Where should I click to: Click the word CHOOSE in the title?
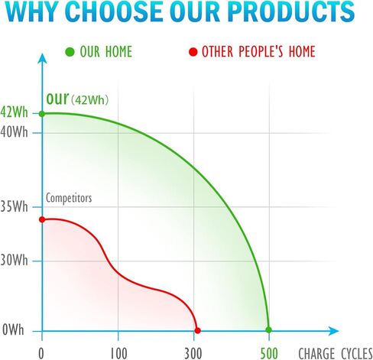(x=115, y=11)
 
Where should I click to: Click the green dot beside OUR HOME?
(x=70, y=52)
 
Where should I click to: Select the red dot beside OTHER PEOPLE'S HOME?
(x=193, y=52)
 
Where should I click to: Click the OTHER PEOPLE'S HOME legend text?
(x=258, y=51)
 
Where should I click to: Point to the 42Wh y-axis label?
(x=14, y=112)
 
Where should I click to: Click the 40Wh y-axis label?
(x=14, y=132)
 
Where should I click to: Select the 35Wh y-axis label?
(x=14, y=206)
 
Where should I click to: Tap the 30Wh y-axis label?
(x=14, y=261)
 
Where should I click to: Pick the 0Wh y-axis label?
(x=13, y=330)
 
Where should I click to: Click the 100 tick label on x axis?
(x=118, y=354)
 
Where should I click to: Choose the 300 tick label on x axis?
(x=193, y=354)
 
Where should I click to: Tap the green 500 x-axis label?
(x=269, y=354)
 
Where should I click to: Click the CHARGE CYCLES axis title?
(x=336, y=354)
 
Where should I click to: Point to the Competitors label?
(x=69, y=198)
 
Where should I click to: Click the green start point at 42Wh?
(x=42, y=114)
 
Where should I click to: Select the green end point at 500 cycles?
(x=268, y=330)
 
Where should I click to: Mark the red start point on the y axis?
(x=42, y=219)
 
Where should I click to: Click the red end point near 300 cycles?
(x=197, y=331)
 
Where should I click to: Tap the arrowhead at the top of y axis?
(x=42, y=58)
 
